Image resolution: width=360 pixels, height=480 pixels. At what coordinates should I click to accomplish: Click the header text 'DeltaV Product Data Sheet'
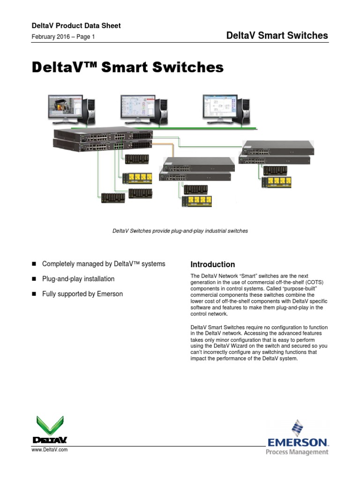click(76, 26)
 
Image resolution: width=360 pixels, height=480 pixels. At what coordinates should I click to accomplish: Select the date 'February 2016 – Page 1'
click(63, 37)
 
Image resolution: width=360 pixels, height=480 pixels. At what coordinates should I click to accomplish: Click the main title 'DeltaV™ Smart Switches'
click(127, 67)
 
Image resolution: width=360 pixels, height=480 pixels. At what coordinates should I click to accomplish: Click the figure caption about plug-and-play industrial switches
click(180, 231)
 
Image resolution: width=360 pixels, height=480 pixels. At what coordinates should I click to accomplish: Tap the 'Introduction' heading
click(212, 264)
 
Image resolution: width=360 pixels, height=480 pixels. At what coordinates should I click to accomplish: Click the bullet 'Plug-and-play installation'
click(78, 279)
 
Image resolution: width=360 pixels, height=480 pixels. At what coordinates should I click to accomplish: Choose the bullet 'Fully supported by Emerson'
click(82, 294)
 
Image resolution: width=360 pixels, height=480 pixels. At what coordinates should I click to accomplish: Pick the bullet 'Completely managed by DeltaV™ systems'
click(103, 264)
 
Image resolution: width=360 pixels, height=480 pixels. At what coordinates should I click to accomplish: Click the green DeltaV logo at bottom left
click(50, 429)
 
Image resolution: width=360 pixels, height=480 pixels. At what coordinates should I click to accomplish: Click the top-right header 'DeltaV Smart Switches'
click(277, 36)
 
